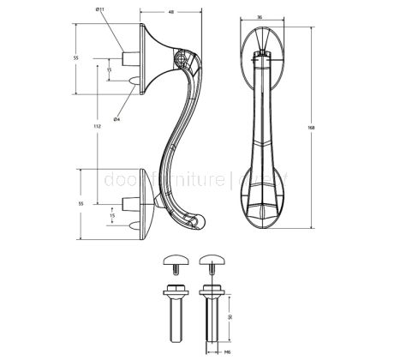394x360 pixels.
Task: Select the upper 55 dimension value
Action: click(75, 57)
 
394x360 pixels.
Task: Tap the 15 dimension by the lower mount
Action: click(111, 216)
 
